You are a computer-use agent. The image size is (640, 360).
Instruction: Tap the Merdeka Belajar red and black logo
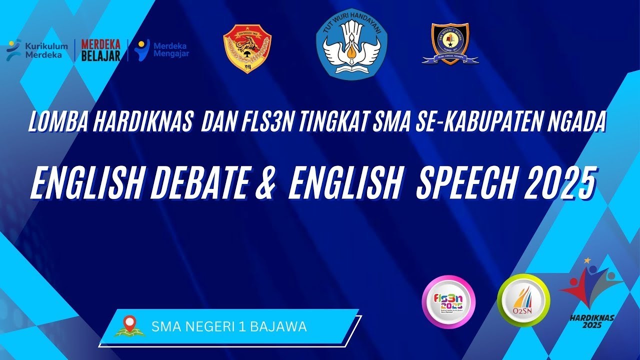[101, 50]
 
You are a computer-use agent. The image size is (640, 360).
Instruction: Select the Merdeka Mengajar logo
[161, 49]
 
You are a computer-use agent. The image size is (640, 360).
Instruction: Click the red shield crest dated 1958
[247, 49]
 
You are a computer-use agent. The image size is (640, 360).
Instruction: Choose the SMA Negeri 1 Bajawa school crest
[450, 44]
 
